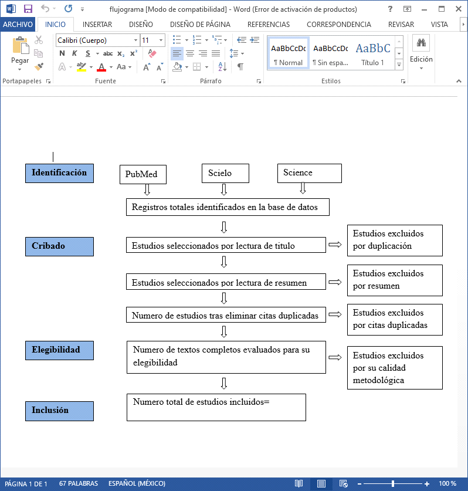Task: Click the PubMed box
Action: (143, 174)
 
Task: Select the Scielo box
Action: (225, 173)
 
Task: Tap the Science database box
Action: (309, 173)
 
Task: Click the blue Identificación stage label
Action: (59, 173)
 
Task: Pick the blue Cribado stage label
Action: (59, 246)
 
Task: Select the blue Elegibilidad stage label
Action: (59, 350)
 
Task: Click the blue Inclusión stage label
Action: (59, 411)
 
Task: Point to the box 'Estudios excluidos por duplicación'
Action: (395, 240)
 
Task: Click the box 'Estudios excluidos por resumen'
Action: (395, 280)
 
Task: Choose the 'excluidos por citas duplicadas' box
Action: (395, 319)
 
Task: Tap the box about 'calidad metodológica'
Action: (395, 368)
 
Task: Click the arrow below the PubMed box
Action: (147, 190)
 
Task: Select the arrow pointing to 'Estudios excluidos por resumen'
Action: (335, 282)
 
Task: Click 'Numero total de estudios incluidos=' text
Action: (201, 402)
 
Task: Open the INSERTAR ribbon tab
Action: (97, 25)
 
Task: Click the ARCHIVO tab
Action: (18, 25)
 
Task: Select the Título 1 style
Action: (373, 53)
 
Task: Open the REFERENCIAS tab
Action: (269, 25)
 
